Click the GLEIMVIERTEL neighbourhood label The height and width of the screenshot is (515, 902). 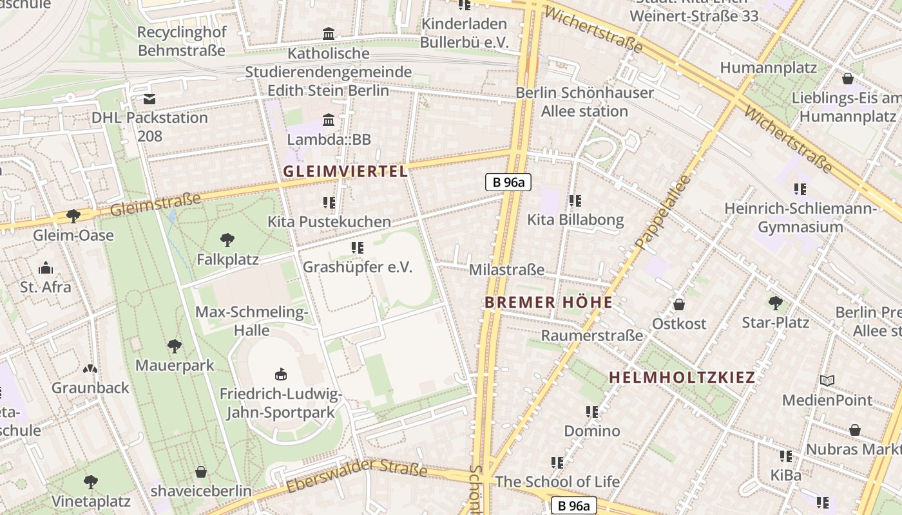(345, 171)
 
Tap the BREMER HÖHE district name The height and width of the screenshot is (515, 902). (548, 303)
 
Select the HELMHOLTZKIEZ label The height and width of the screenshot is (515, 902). (682, 378)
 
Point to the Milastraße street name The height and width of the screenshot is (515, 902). (506, 270)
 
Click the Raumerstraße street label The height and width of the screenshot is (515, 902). (591, 335)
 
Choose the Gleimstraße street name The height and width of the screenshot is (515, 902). (155, 205)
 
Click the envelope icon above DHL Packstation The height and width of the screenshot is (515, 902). (149, 99)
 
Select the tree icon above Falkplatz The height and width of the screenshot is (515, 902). (227, 240)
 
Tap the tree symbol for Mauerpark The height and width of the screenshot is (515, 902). (174, 346)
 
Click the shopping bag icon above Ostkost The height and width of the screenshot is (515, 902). (678, 304)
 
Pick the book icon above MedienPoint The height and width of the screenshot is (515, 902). (827, 380)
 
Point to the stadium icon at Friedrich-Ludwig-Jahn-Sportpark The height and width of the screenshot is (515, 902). (280, 374)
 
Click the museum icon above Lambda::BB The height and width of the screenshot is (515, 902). (329, 120)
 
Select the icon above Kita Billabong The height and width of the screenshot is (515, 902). (575, 201)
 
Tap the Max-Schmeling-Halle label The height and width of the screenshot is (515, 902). (251, 321)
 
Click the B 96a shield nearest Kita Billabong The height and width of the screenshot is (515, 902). (508, 182)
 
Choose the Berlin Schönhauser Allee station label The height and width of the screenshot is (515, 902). (584, 102)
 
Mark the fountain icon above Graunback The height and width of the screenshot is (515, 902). (90, 369)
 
